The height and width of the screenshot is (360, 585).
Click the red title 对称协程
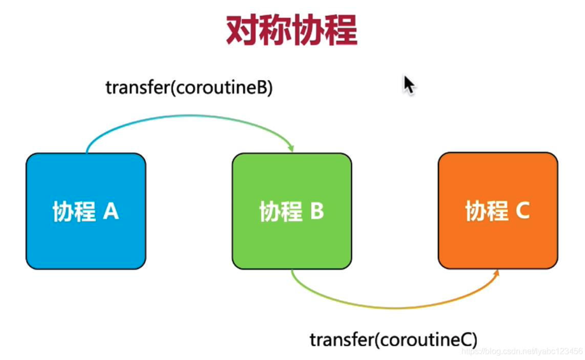(292, 31)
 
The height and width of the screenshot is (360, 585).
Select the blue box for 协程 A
(86, 211)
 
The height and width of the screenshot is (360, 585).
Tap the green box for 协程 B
(292, 211)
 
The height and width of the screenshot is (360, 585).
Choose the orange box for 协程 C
(498, 211)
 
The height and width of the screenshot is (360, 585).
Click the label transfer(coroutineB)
(189, 88)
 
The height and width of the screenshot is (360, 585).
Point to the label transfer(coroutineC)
(393, 340)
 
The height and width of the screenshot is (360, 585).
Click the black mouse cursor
(409, 85)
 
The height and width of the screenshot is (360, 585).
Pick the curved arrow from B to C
(395, 308)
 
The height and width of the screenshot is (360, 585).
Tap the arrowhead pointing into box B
(292, 149)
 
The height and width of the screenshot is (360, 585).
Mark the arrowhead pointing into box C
(497, 273)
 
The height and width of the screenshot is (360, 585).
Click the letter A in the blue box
(111, 211)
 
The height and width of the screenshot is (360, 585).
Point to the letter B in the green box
(317, 211)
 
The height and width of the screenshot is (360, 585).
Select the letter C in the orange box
(523, 210)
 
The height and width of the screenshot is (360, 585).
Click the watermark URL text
(521, 351)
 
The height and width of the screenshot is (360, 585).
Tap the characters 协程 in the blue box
(74, 211)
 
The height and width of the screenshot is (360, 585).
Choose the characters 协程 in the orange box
(487, 211)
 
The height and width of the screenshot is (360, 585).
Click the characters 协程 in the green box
(281, 211)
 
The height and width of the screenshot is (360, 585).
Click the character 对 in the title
(242, 31)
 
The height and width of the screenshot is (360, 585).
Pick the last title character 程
(341, 31)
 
